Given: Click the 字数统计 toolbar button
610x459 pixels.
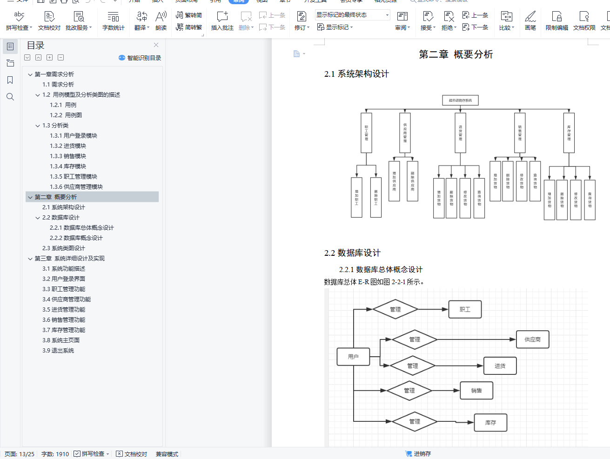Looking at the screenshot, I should pyautogui.click(x=113, y=21).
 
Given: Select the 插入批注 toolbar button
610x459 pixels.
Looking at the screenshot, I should pyautogui.click(x=222, y=21).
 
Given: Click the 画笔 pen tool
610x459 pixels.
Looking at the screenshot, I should pyautogui.click(x=530, y=21).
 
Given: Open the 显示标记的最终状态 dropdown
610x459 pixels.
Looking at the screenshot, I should pyautogui.click(x=353, y=15).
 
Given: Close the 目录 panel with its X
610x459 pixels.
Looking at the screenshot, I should pyautogui.click(x=156, y=45).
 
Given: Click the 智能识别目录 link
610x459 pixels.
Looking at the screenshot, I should pyautogui.click(x=140, y=58).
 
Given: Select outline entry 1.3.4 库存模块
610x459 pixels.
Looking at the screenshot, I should pyautogui.click(x=68, y=166).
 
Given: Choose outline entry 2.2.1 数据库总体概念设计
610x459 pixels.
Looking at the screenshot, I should pyautogui.click(x=82, y=228).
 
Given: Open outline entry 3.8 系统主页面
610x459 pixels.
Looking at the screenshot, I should pyautogui.click(x=61, y=340).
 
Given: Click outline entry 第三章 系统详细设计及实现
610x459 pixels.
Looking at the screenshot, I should pyautogui.click(x=70, y=259).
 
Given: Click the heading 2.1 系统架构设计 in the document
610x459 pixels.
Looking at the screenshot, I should pyautogui.click(x=356, y=74).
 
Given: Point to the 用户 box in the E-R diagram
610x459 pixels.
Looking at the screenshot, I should pyautogui.click(x=353, y=357).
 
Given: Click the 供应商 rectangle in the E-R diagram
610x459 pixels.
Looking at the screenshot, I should pyautogui.click(x=532, y=339).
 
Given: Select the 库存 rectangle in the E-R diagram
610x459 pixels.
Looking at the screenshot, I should pyautogui.click(x=490, y=423).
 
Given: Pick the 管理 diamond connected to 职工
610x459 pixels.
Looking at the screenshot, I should pyautogui.click(x=395, y=309).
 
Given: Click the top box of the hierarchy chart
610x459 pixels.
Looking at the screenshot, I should pyautogui.click(x=460, y=100).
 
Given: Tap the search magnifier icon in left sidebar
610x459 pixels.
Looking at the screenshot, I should pyautogui.click(x=10, y=97).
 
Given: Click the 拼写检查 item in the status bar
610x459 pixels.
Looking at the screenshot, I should pyautogui.click(x=92, y=454).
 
